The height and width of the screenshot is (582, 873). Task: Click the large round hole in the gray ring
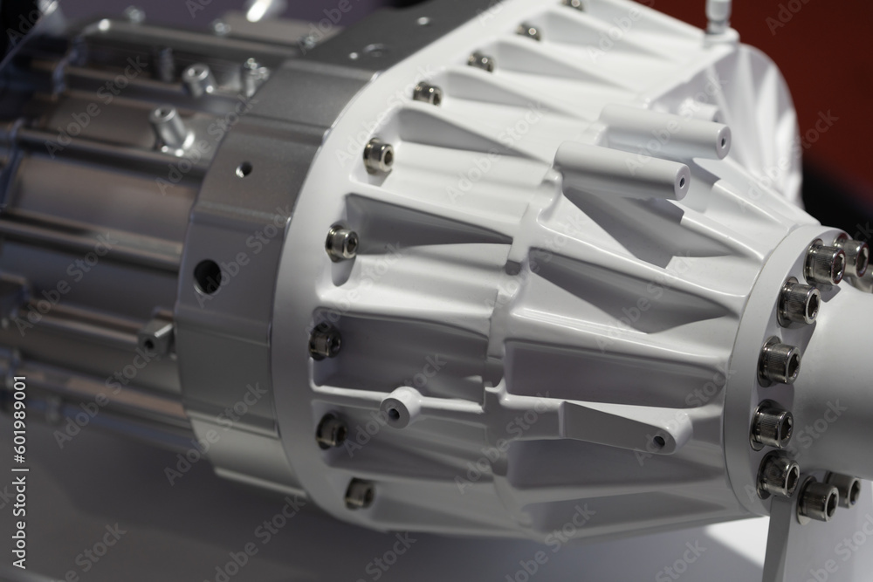207,276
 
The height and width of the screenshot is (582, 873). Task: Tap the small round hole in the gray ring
244,168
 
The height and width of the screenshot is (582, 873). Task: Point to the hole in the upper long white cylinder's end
721,138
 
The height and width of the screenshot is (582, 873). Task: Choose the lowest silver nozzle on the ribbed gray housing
171,127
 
